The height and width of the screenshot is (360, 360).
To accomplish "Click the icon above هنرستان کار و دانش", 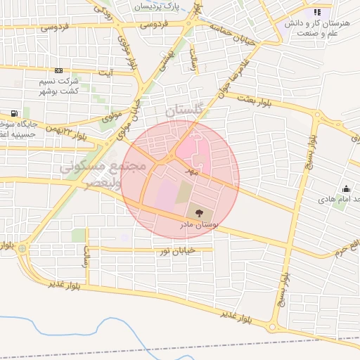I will [x=317, y=12].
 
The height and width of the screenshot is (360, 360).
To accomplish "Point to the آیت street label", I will [x=107, y=72].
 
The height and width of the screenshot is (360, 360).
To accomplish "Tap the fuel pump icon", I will [x=14, y=112].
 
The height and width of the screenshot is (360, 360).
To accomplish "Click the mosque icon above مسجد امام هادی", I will [x=346, y=188].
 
